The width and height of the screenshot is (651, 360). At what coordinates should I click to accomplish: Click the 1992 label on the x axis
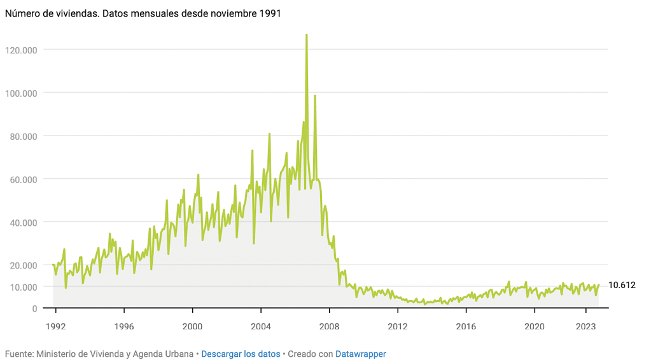point(56,326)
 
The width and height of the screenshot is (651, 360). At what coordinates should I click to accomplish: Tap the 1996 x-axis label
point(124,326)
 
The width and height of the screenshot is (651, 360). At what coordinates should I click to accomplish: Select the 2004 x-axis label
point(261,326)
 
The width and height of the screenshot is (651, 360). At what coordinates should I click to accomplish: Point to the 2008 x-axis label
point(329,326)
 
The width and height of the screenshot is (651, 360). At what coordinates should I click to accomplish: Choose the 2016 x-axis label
point(466,326)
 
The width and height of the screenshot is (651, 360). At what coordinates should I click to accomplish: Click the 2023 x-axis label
point(585,326)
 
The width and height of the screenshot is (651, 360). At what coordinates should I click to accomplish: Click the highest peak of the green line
point(306,35)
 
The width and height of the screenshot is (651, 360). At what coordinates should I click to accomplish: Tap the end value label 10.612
point(622,286)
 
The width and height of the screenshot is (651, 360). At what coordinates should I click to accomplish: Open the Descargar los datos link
point(241,354)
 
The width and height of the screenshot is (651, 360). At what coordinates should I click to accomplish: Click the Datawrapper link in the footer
point(360,354)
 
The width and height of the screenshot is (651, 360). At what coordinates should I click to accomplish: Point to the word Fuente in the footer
point(18,354)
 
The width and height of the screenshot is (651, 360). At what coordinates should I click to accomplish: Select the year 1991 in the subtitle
point(270,13)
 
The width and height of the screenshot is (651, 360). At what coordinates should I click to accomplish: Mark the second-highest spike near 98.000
point(315,96)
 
